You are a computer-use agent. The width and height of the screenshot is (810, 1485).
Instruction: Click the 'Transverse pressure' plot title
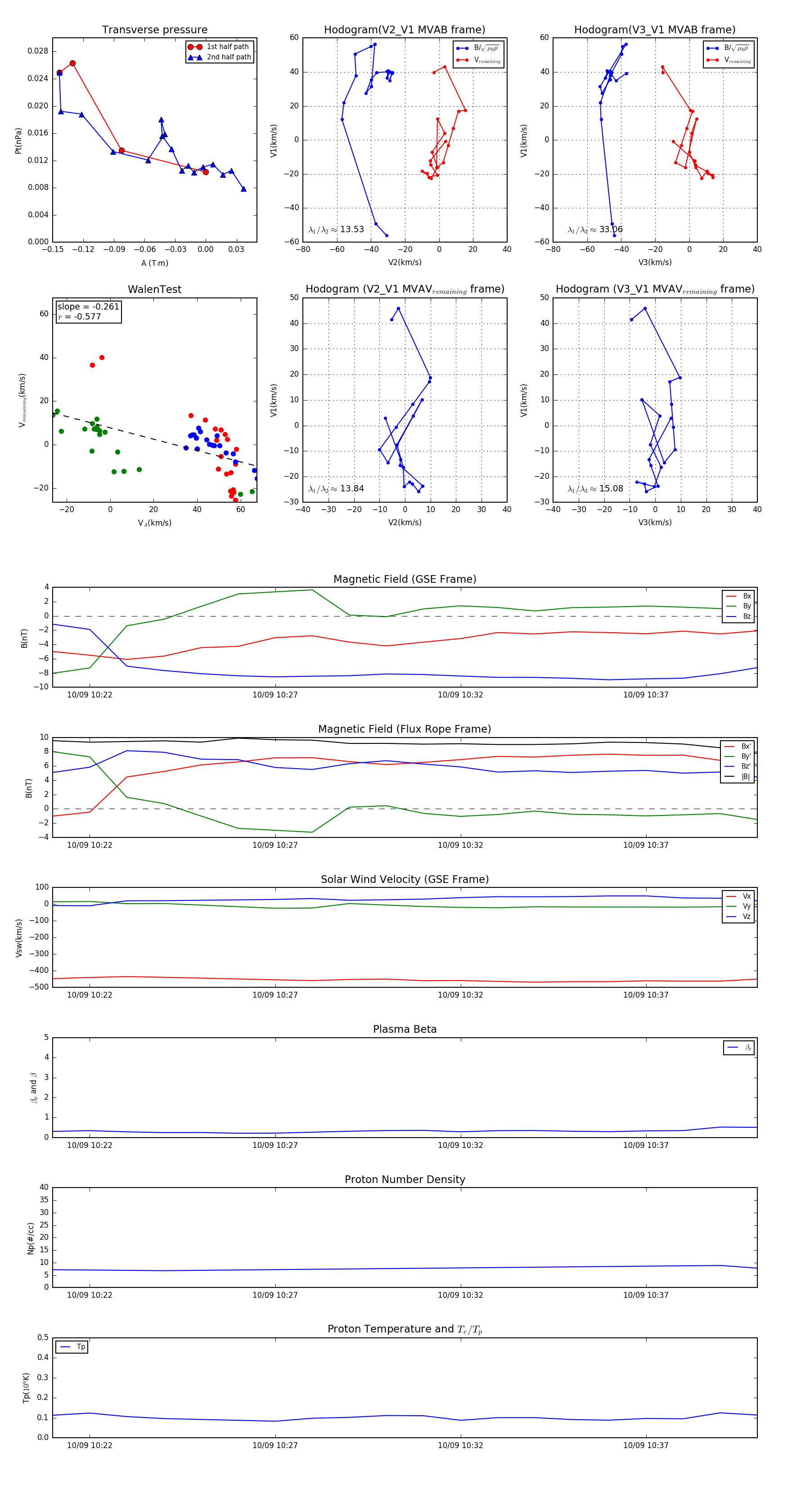[x=154, y=30]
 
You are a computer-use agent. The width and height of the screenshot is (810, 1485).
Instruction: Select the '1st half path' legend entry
[x=228, y=47]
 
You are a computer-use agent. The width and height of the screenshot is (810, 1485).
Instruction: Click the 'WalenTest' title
[x=154, y=289]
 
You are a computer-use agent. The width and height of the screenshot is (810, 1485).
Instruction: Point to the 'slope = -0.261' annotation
[x=88, y=307]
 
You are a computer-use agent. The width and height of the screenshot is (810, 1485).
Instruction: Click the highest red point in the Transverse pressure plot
[x=72, y=63]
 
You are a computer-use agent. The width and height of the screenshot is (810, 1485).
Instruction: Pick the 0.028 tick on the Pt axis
[x=38, y=51]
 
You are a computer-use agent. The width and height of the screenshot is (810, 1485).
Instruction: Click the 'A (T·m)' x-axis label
[x=154, y=263]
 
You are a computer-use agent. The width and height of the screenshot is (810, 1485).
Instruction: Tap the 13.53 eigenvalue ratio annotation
[x=351, y=229]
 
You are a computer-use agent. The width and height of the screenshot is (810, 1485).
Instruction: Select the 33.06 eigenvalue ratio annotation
[x=611, y=229]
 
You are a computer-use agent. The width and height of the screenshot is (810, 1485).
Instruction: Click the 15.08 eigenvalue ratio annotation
[x=611, y=489]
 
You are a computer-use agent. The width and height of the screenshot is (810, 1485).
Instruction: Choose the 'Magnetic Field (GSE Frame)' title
[x=405, y=579]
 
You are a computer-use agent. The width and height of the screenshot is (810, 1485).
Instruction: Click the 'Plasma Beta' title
[x=405, y=1030]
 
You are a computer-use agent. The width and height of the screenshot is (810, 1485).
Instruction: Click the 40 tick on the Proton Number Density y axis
[x=44, y=1188]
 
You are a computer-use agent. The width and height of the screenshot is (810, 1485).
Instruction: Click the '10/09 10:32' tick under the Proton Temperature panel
[x=460, y=1445]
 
